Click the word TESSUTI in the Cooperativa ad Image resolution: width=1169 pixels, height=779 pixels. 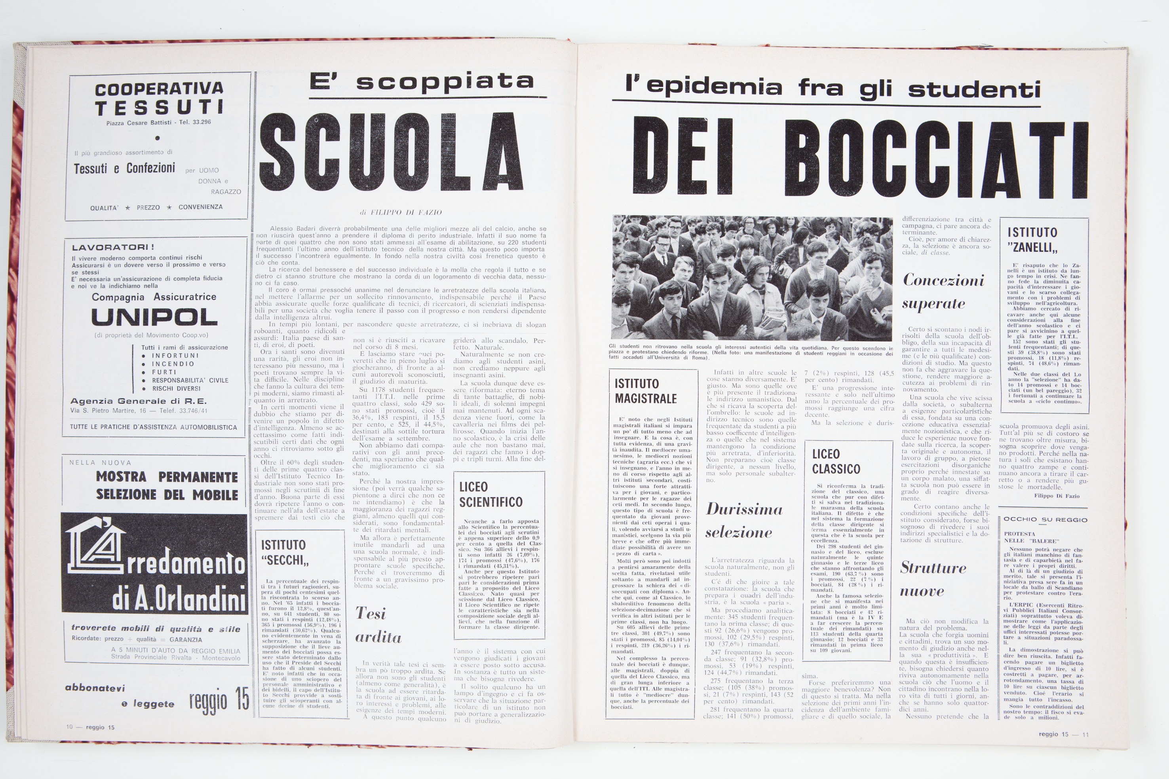[160, 108]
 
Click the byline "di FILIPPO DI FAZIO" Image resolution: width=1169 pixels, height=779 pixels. [400, 212]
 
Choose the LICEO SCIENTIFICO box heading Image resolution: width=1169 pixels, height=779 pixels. [490, 494]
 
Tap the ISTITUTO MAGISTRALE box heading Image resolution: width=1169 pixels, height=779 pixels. [646, 391]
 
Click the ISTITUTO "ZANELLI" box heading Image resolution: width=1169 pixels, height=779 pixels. [1032, 239]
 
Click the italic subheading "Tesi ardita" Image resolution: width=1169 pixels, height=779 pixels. [378, 625]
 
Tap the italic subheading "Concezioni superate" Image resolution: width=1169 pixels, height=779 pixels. [943, 292]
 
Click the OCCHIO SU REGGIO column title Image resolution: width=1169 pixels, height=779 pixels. [1045, 520]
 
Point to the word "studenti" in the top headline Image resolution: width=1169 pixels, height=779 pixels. [974, 90]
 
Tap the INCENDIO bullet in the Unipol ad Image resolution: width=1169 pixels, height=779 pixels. [173, 364]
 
